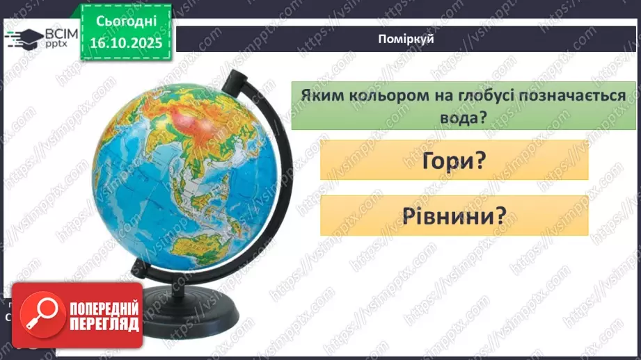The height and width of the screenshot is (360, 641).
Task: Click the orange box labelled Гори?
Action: [454, 161]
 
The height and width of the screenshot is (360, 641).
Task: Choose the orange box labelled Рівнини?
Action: [454, 215]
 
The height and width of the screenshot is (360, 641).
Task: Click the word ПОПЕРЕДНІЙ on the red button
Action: [104, 309]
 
